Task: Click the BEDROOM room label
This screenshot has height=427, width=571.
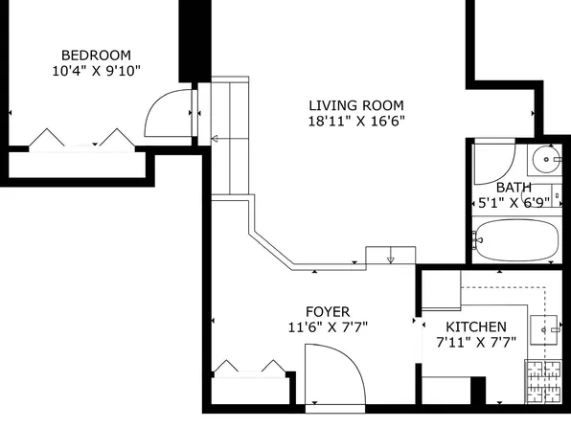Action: pos(96,56)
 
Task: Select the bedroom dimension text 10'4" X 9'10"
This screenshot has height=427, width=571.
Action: pos(96,72)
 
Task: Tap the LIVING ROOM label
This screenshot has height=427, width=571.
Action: pos(355,105)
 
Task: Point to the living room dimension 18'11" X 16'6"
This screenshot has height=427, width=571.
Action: pos(355,122)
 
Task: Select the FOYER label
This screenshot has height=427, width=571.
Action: pos(327,311)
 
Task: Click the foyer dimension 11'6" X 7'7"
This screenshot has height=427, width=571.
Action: pos(328,327)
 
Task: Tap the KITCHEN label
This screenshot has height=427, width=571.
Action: pos(476,326)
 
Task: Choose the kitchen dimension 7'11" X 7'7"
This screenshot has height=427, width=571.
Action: pos(476,342)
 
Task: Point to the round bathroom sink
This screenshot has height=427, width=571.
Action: pos(547,156)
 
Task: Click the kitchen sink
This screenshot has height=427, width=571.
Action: pos(550,328)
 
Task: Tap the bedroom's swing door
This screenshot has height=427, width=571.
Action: pos(167,113)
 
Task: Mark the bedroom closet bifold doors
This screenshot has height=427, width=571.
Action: pos(79,140)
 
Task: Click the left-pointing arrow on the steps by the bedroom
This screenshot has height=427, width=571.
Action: pos(216,141)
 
